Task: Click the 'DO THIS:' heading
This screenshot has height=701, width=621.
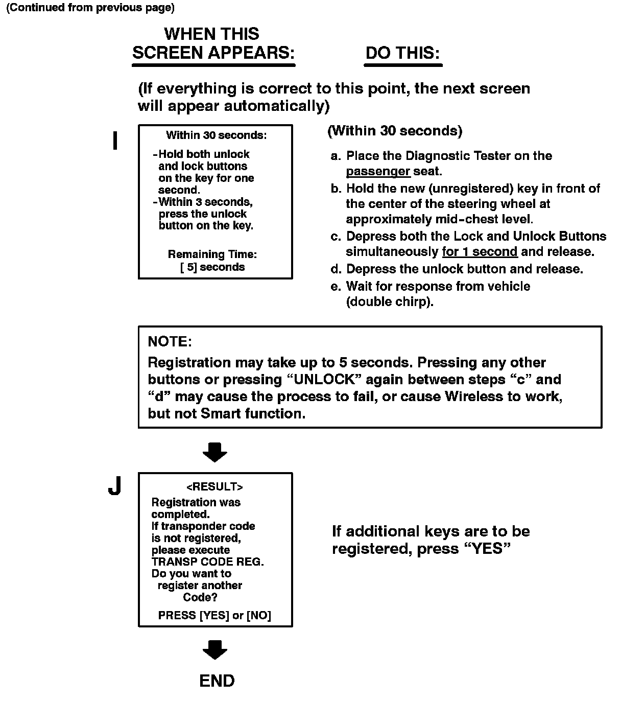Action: (402, 53)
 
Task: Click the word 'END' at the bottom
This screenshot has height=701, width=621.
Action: (217, 681)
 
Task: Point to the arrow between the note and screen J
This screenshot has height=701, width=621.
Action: (215, 452)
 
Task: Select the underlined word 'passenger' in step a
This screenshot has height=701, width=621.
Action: (378, 171)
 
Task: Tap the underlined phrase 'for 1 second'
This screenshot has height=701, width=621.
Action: (480, 252)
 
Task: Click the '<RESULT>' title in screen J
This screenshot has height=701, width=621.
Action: (214, 486)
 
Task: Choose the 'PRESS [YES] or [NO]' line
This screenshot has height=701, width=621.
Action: (214, 615)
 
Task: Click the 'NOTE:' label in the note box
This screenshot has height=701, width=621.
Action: (170, 341)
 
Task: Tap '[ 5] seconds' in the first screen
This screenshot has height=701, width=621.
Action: (212, 267)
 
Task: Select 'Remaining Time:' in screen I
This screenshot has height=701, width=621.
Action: (212, 254)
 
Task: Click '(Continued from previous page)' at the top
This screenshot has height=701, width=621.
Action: (90, 8)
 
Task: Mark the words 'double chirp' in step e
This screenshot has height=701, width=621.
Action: (389, 301)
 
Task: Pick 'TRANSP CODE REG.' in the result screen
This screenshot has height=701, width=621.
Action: (207, 562)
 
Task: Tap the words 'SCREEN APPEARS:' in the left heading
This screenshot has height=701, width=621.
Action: (213, 53)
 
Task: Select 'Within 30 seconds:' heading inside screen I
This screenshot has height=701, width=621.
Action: (216, 135)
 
